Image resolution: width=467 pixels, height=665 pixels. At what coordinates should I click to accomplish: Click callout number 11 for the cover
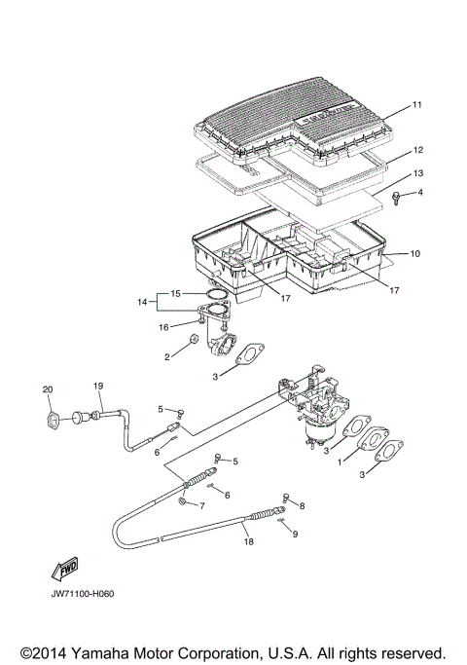416,104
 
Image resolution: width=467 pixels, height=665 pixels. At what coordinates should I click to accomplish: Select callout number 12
417,151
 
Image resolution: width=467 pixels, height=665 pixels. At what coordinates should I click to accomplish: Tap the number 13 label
417,172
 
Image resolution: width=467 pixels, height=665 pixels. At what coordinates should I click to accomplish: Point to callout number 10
415,254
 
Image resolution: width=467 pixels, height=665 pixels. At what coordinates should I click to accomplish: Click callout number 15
175,293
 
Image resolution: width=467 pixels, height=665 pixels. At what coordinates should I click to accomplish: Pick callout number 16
163,327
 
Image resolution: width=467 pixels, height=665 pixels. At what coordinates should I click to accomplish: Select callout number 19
97,386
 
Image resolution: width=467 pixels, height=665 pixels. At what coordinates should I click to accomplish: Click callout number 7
201,506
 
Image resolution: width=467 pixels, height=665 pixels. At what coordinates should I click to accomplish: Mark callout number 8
302,505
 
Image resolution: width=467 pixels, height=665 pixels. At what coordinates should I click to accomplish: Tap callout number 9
296,535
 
